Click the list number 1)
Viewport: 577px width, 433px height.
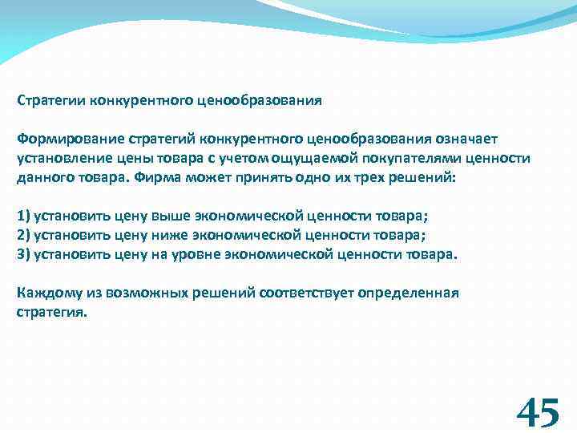[23, 216]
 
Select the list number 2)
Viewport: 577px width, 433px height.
[23, 235]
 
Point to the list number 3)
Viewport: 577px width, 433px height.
[23, 253]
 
